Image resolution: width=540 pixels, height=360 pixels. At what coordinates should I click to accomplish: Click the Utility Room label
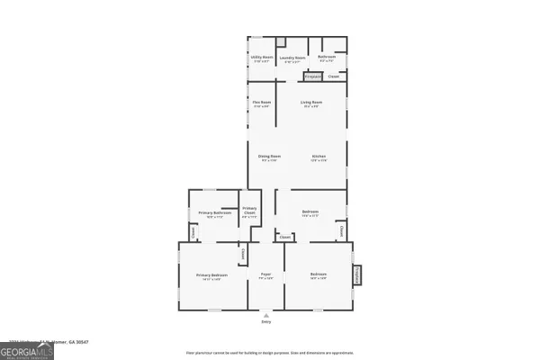(x=261, y=58)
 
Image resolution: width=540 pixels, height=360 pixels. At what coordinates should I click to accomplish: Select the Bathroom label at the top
(x=328, y=57)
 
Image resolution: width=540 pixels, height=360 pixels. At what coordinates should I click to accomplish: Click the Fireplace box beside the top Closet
(x=313, y=76)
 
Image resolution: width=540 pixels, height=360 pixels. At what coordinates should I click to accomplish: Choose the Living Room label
(x=311, y=103)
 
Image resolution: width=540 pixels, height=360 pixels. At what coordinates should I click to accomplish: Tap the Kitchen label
(x=319, y=157)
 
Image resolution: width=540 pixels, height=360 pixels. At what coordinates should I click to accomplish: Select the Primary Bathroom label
(x=211, y=213)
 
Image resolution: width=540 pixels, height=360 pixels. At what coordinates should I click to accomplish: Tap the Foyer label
(x=265, y=274)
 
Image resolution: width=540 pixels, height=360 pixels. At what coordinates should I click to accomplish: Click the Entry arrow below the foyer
(x=265, y=315)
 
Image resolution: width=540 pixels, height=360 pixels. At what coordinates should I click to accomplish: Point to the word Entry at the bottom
(x=265, y=321)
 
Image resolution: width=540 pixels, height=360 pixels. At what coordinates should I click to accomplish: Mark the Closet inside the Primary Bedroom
(x=242, y=253)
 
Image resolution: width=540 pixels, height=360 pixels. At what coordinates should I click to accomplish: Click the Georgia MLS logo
(x=27, y=350)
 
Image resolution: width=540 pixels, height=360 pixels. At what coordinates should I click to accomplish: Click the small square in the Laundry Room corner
(x=280, y=42)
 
